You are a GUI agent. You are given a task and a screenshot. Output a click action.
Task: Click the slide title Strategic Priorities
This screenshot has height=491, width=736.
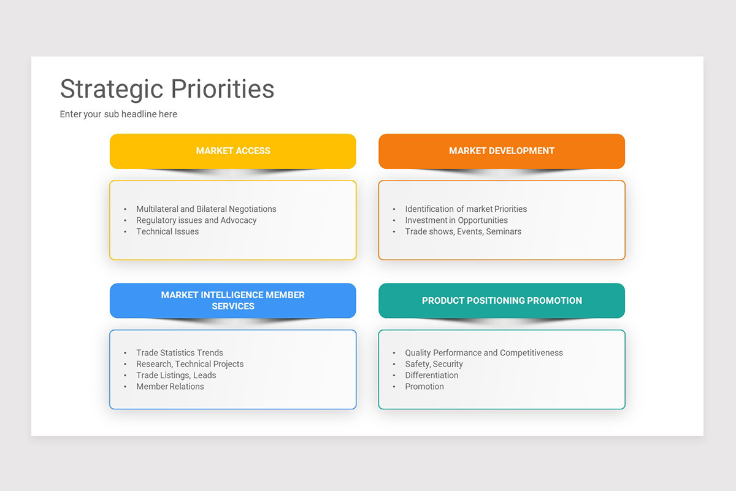click(x=167, y=90)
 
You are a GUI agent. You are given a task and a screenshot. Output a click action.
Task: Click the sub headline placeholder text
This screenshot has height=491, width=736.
click(x=118, y=114)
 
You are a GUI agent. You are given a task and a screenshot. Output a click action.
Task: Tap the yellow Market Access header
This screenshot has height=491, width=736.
click(x=233, y=151)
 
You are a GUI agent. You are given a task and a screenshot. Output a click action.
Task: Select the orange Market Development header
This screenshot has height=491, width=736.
click(x=502, y=151)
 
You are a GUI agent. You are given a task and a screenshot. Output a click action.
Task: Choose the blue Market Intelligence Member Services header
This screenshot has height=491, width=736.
click(x=233, y=301)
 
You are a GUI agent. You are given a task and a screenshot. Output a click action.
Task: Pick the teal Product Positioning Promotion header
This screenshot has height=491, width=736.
click(x=502, y=301)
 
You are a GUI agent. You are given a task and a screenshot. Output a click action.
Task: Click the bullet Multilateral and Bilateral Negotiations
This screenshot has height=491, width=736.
click(x=206, y=209)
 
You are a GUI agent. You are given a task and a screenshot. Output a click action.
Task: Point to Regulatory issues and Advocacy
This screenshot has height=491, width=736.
click(x=196, y=220)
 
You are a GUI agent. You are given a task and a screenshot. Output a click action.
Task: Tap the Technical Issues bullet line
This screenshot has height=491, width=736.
click(x=167, y=231)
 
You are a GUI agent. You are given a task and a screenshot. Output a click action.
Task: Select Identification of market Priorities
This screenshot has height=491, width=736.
click(x=466, y=209)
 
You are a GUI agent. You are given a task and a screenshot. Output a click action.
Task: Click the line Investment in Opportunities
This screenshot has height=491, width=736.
click(x=456, y=220)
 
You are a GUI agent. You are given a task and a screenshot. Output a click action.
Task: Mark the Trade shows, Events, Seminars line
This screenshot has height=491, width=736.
click(x=463, y=231)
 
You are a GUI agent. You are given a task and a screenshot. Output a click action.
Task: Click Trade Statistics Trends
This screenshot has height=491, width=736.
click(x=179, y=353)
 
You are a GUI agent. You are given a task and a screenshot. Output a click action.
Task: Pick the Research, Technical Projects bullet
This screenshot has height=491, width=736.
click(x=190, y=364)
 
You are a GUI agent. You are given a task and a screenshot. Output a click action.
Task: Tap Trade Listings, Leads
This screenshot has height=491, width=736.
click(x=176, y=375)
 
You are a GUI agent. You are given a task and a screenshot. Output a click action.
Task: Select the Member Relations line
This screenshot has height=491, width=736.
click(x=170, y=387)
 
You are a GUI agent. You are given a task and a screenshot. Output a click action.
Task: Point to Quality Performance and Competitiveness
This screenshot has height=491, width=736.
click(x=484, y=353)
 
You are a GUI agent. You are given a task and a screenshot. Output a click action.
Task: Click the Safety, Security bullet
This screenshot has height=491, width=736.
click(x=434, y=364)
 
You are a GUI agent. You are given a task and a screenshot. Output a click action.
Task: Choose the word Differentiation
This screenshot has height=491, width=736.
click(x=431, y=375)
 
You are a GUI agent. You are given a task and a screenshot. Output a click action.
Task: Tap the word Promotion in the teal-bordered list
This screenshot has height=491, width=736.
click(x=424, y=387)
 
